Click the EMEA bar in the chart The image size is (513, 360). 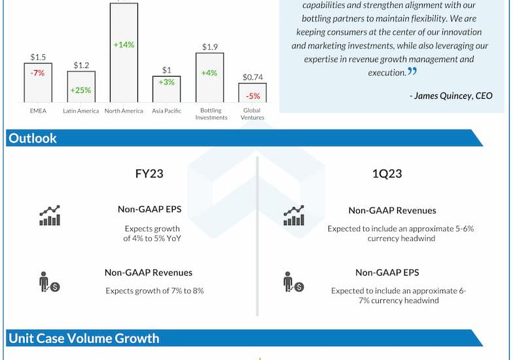38,82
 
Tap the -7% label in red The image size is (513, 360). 37,73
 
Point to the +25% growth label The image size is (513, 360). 81,90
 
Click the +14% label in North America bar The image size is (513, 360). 124,45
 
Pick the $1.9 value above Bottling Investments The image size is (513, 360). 210,46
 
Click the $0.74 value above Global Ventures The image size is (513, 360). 253,77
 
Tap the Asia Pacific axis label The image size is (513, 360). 167,111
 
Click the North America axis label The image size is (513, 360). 124,111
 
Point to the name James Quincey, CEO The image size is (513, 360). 451,96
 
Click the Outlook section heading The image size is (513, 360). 33,138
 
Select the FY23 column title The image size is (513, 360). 149,174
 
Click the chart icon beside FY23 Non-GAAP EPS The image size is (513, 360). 50,215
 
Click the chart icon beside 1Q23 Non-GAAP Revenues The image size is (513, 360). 294,215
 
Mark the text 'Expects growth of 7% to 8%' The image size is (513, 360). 154,291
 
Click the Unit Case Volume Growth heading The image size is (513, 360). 84,338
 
